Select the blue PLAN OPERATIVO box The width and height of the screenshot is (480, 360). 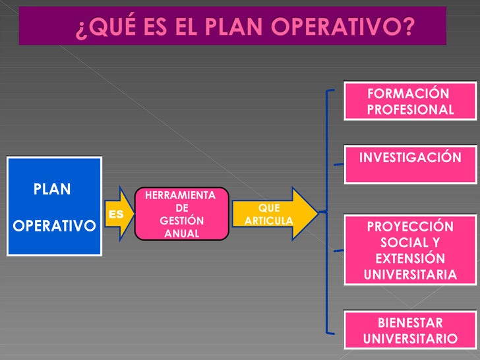54,206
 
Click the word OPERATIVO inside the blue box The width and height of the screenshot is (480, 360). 54,225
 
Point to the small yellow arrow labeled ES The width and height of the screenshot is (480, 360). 118,214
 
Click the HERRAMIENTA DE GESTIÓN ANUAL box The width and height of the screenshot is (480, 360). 181,214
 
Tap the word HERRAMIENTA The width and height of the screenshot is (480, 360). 180,195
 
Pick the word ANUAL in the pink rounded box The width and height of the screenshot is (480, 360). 181,233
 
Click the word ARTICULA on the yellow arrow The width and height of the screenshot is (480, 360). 268,220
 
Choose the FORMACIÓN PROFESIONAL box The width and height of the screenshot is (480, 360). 409,102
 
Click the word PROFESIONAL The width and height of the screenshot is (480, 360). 410,109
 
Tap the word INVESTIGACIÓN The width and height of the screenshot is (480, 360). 410,158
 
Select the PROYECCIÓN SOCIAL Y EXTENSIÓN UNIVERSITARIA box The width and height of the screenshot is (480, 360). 409,250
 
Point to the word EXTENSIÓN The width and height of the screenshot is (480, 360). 410,258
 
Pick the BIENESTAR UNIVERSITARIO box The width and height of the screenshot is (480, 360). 409,330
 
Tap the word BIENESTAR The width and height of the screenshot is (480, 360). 410,323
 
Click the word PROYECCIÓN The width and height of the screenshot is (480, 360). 410,227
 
